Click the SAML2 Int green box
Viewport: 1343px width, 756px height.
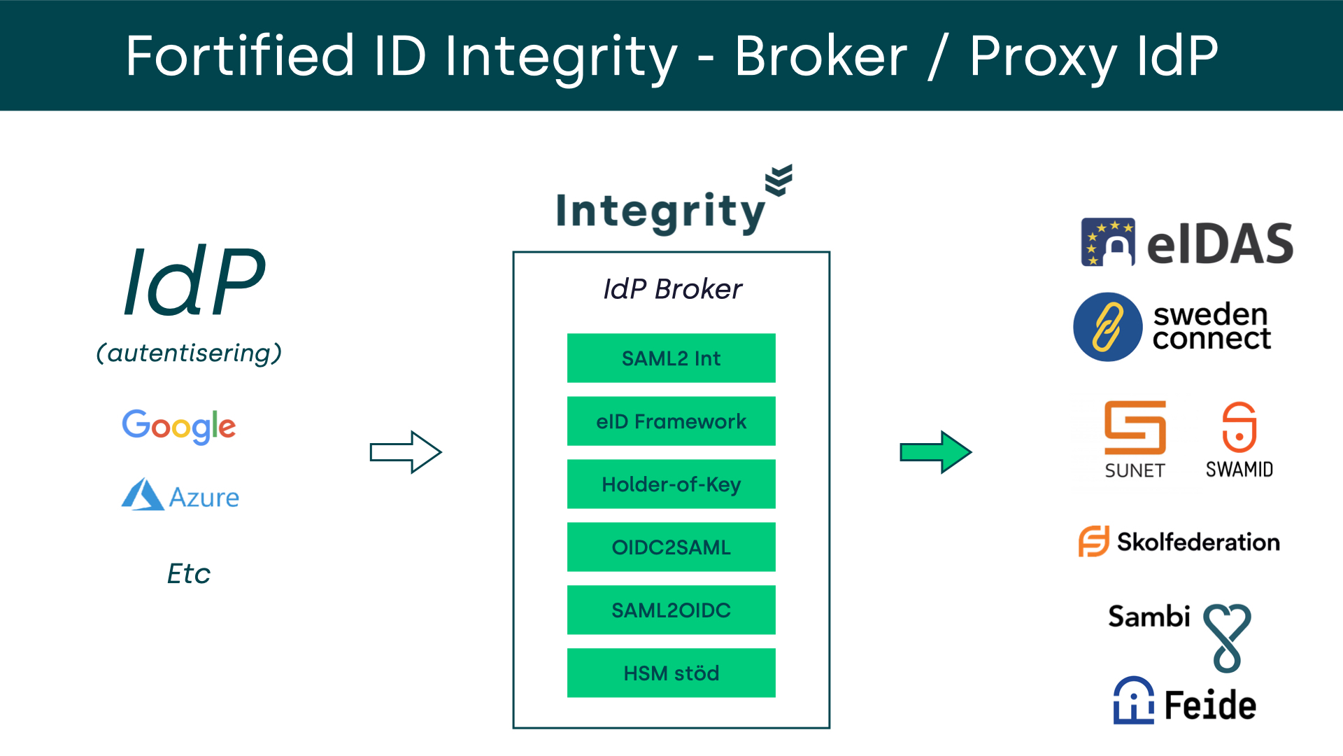pyautogui.click(x=671, y=358)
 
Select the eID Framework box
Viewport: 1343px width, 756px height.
pyautogui.click(x=671, y=421)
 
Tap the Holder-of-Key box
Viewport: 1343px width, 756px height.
pyautogui.click(x=671, y=484)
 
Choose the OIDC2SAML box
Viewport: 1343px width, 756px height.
pyautogui.click(x=671, y=547)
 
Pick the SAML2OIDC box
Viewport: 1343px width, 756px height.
pyautogui.click(x=671, y=610)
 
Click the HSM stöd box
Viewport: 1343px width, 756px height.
pyautogui.click(x=671, y=673)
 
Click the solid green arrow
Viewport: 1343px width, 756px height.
pyautogui.click(x=935, y=452)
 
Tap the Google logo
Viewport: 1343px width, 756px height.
pyautogui.click(x=179, y=426)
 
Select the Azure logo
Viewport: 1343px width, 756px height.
pyautogui.click(x=180, y=496)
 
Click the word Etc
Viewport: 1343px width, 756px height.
pyautogui.click(x=189, y=574)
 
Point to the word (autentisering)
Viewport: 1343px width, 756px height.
pyautogui.click(x=189, y=353)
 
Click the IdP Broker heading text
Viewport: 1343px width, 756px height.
pyautogui.click(x=672, y=288)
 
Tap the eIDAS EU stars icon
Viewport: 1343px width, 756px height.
pyautogui.click(x=1108, y=242)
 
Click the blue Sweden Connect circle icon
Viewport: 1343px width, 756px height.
pyautogui.click(x=1108, y=327)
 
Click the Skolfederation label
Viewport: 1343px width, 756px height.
pyautogui.click(x=1198, y=542)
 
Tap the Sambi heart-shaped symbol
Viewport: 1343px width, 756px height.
pyautogui.click(x=1227, y=636)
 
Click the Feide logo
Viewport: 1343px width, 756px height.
pyautogui.click(x=1185, y=701)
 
